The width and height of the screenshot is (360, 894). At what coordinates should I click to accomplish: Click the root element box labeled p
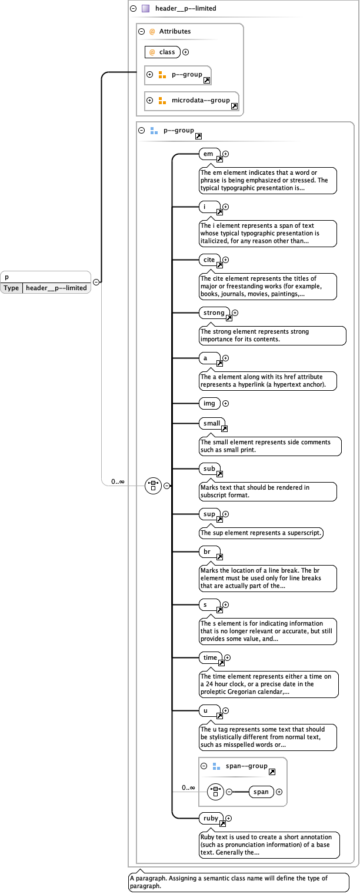45,277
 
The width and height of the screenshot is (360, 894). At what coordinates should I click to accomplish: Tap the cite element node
209,260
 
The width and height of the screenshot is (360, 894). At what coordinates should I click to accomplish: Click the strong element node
214,313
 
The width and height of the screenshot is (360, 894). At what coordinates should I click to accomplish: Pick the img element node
209,404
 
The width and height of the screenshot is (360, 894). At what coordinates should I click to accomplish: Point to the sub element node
209,469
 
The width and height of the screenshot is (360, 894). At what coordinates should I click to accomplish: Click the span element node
261,792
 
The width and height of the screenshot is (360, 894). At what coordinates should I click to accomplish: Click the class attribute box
162,52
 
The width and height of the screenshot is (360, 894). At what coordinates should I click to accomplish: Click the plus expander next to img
225,404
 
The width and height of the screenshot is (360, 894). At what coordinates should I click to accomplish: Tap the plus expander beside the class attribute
186,52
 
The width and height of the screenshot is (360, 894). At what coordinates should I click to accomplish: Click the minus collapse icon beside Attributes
141,32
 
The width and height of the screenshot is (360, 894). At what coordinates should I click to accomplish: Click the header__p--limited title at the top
185,9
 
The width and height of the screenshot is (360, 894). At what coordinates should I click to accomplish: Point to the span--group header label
246,766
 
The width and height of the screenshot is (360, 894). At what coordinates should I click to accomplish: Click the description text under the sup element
261,533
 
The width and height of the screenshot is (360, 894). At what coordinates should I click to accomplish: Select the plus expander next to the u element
225,711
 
